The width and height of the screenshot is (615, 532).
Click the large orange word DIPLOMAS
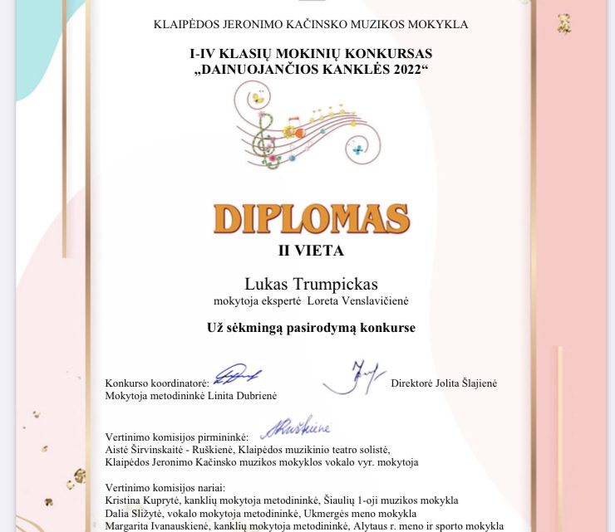click(311, 217)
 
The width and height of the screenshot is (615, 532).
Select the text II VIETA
click(311, 249)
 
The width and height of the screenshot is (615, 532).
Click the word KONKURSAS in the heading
click(390, 53)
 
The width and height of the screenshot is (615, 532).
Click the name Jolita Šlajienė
click(469, 383)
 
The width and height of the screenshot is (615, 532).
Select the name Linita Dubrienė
click(242, 396)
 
